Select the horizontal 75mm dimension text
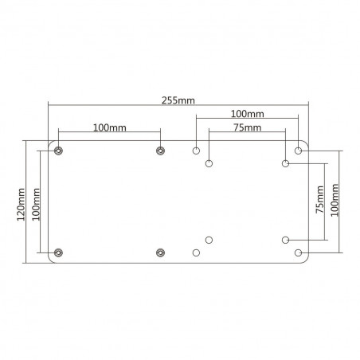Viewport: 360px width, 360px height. pyautogui.click(x=246, y=127)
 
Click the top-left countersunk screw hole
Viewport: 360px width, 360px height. pyautogui.click(x=58, y=151)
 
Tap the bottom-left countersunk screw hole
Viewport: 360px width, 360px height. pyautogui.click(x=58, y=252)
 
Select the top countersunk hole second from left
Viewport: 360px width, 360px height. pyautogui.click(x=160, y=151)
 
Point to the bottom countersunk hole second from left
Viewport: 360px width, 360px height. pyautogui.click(x=160, y=252)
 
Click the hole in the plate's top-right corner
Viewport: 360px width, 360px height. pyautogui.click(x=299, y=150)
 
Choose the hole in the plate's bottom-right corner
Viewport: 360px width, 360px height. pyautogui.click(x=299, y=252)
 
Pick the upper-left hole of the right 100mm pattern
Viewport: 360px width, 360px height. pyautogui.click(x=197, y=150)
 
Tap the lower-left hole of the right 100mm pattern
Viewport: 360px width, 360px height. pyautogui.click(x=197, y=252)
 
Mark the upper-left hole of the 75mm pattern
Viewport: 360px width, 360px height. pyautogui.click(x=209, y=163)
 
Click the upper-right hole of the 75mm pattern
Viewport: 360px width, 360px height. pyautogui.click(x=285, y=163)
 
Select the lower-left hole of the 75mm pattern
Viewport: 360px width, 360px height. pyautogui.click(x=209, y=239)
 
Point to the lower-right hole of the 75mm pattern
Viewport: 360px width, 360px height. pyautogui.click(x=285, y=239)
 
